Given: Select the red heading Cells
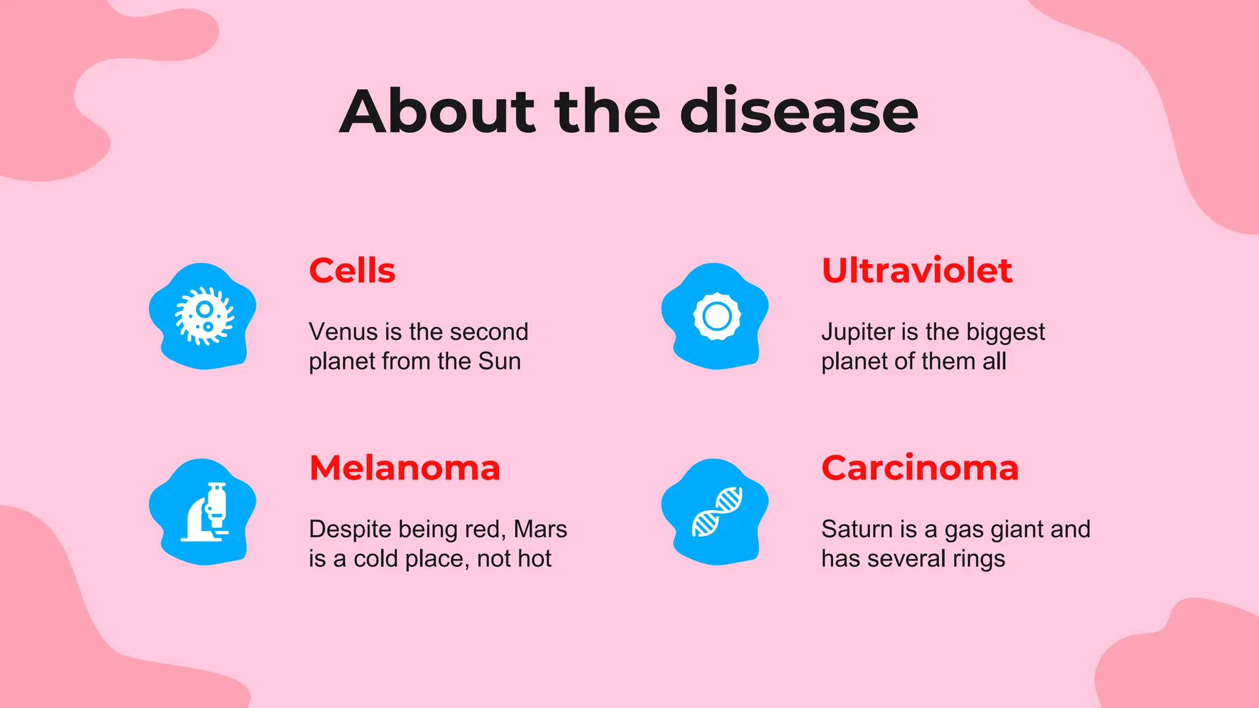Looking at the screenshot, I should pyautogui.click(x=352, y=270).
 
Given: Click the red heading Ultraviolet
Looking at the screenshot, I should pyautogui.click(x=917, y=270).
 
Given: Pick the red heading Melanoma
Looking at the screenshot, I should pyautogui.click(x=405, y=468).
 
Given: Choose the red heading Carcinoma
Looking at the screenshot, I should pyautogui.click(x=920, y=468).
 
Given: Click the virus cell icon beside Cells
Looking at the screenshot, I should pyautogui.click(x=204, y=316).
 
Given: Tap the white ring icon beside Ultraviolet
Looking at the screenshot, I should pyautogui.click(x=717, y=317).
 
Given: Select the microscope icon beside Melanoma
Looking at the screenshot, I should pyautogui.click(x=206, y=512).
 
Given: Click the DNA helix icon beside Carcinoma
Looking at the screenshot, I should pyautogui.click(x=717, y=512).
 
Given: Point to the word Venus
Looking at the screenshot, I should pyautogui.click(x=343, y=332).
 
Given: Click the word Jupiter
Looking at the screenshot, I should pyautogui.click(x=858, y=332).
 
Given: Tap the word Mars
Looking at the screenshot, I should pyautogui.click(x=540, y=529).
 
